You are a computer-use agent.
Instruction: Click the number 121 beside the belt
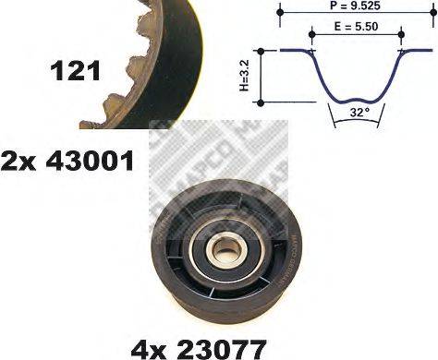(75, 71)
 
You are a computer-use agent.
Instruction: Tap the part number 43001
(90, 161)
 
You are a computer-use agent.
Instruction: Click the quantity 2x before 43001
(18, 161)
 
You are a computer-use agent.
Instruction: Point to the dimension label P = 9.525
(355, 6)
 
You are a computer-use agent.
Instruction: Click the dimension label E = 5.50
(356, 27)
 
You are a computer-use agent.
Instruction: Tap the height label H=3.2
(244, 76)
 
